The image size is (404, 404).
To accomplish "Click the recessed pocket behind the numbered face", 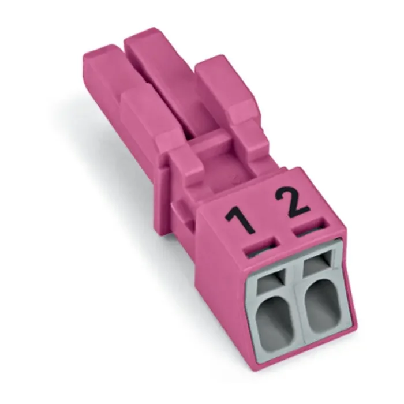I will click(231, 173).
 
